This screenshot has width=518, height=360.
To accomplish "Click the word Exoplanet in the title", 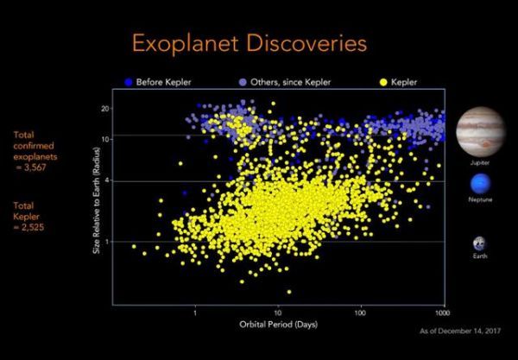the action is coord(186,43).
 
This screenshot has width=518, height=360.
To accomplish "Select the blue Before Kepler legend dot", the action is coord(129,82).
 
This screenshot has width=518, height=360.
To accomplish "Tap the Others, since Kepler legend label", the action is coord(290,82).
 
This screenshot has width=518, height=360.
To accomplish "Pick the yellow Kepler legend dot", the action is coord(383,82).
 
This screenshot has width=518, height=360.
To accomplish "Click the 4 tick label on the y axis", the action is coord(106,180).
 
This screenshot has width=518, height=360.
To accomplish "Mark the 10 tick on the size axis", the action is coord(105,139).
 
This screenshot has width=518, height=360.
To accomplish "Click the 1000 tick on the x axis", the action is coord(442,313).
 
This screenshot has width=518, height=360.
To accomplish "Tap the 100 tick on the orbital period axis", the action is coord(360,313).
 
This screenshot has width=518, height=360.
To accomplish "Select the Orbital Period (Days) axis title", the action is coord(279,325).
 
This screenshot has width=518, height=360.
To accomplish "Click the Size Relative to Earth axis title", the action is coord(97,201).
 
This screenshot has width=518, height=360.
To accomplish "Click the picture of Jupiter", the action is coord(480,132).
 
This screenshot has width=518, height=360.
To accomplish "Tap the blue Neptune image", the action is coord(480,184).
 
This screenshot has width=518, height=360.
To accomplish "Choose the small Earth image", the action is coord(480,244).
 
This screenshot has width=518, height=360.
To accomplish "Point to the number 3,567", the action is coord(35,167).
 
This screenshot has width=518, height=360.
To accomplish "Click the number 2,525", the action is coord(33,227).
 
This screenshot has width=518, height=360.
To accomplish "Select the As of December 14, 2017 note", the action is coord(460,331).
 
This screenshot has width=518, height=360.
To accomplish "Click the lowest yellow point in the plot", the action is coord(289,292).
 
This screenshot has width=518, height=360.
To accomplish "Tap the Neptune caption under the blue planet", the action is coord(480,199).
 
